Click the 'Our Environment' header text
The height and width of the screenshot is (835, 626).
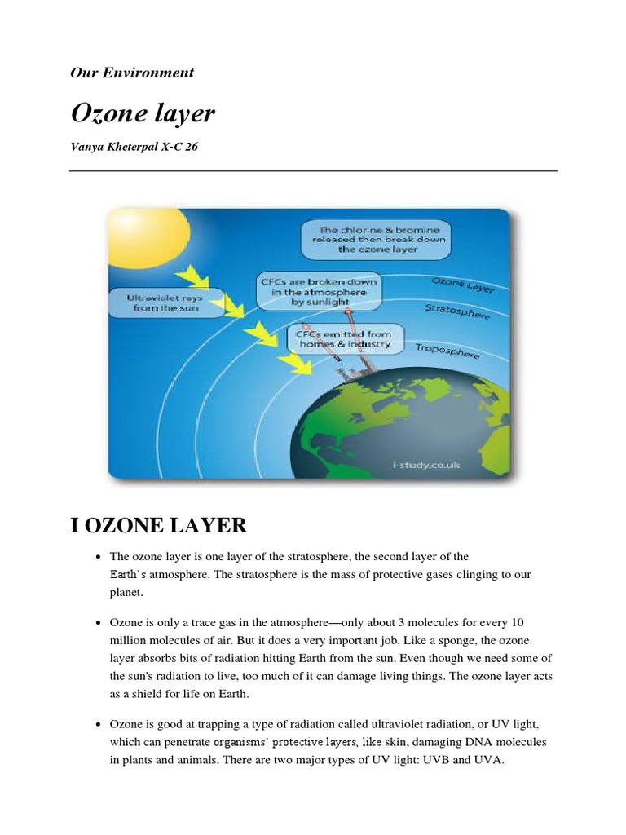click(132, 73)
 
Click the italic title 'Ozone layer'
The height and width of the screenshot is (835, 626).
click(143, 113)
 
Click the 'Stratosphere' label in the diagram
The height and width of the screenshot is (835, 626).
click(457, 312)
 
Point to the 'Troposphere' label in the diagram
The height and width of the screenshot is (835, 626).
click(447, 351)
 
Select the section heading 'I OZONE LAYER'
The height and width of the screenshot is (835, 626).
click(158, 524)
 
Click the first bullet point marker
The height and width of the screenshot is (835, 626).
click(98, 557)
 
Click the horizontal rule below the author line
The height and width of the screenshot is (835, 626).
click(313, 170)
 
